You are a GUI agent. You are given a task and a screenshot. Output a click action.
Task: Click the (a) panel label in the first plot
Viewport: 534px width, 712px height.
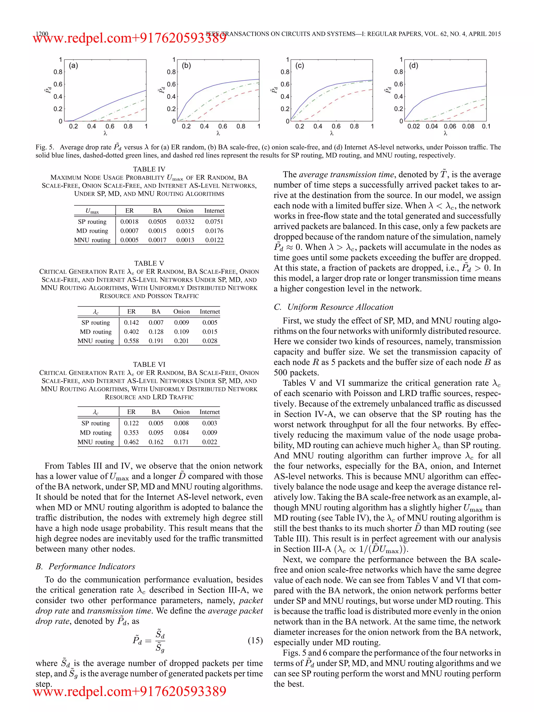coord(73,66)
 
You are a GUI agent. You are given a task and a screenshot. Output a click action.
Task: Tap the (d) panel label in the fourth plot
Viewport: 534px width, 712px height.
coord(413,66)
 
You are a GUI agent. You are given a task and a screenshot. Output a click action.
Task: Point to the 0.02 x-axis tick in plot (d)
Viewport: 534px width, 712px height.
coord(413,126)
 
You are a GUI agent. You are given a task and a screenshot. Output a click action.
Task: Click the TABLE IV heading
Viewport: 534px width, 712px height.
coord(149,169)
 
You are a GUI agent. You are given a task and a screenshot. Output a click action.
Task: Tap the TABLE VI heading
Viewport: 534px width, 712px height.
coord(149,364)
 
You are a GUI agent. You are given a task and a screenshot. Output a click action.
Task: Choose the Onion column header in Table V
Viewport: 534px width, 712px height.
coord(181,311)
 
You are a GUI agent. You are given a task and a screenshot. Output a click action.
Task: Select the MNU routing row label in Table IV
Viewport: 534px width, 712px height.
coord(92,240)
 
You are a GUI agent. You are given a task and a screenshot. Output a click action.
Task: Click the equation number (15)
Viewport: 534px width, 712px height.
coord(255,640)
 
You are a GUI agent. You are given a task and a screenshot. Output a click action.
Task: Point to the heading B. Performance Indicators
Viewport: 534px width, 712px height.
coord(86,566)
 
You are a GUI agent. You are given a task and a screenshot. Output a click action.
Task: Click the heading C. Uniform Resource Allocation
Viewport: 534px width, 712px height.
coord(333,307)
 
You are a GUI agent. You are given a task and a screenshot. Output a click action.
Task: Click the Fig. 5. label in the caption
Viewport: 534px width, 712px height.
coord(45,147)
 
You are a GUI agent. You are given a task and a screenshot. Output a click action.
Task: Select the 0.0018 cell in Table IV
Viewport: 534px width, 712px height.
coord(129,222)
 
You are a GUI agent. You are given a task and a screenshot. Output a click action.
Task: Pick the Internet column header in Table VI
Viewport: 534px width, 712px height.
coord(209,412)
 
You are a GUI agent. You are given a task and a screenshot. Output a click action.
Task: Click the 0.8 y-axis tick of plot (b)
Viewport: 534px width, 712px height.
coord(171,72)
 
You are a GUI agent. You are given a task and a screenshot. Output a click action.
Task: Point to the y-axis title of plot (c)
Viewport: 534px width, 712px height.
coord(274,90)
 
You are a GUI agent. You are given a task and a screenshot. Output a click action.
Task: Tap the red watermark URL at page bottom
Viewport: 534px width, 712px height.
coord(130,691)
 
